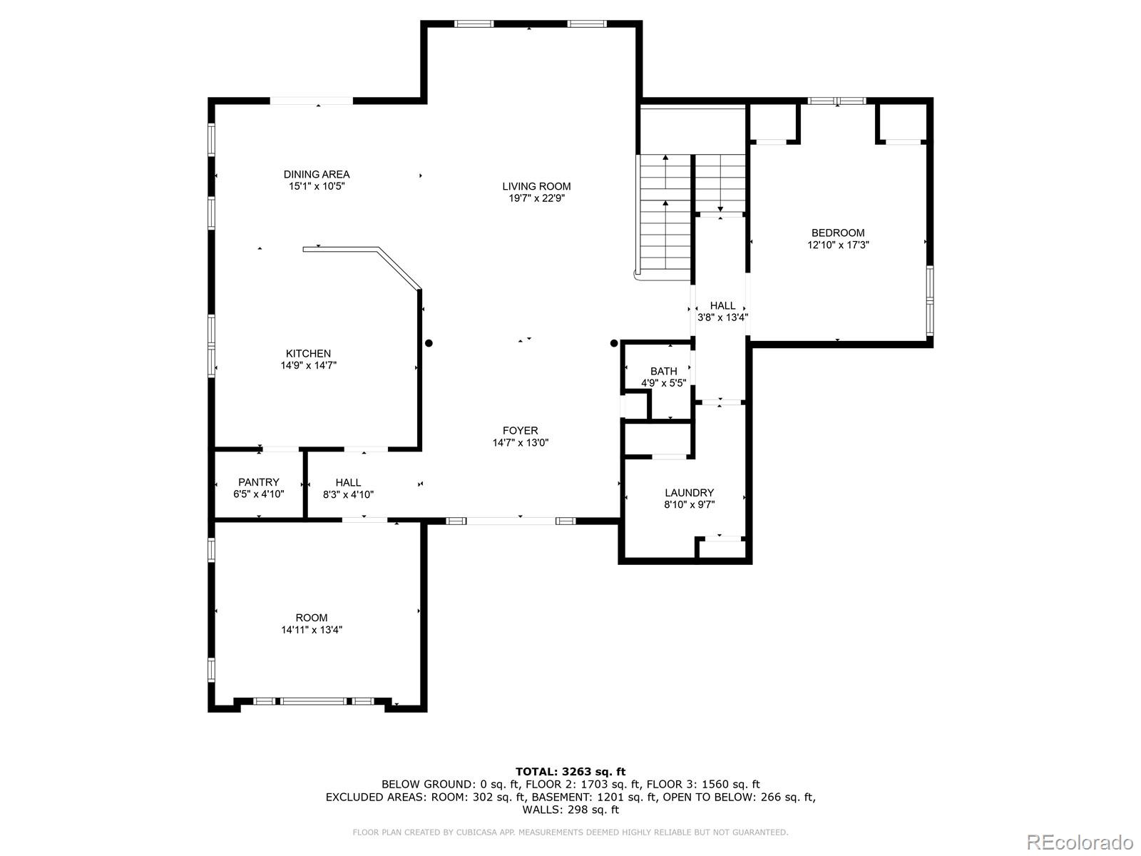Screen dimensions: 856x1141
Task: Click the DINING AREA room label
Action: (x=317, y=174)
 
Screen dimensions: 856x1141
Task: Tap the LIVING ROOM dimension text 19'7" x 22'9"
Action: (x=536, y=199)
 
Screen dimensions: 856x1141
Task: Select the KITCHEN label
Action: (x=308, y=353)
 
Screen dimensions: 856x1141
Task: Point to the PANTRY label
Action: (x=259, y=482)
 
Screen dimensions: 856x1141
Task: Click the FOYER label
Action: (x=520, y=430)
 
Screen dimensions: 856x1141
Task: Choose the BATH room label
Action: (x=663, y=371)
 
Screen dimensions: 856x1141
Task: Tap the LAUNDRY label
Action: (x=689, y=492)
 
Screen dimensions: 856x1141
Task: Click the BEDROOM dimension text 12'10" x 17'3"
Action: (x=838, y=245)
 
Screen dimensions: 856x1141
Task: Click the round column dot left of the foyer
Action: (x=429, y=343)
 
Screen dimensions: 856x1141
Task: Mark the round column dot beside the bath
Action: (x=614, y=343)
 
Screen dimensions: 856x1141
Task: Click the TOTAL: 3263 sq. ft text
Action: (x=570, y=771)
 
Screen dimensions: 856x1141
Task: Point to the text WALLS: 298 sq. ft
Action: (x=570, y=810)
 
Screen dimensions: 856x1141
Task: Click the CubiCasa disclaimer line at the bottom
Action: (x=570, y=832)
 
